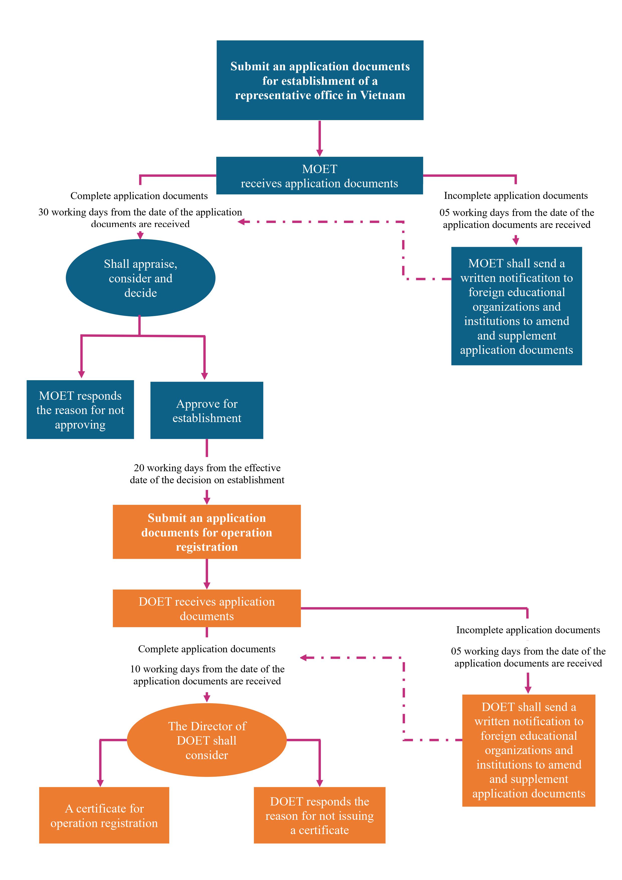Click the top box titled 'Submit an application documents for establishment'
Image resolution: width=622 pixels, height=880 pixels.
tap(320, 80)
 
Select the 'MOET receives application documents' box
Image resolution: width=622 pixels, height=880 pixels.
tap(320, 176)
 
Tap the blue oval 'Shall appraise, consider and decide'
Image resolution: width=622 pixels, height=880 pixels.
tap(141, 278)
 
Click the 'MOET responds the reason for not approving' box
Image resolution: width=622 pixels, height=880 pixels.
tap(80, 409)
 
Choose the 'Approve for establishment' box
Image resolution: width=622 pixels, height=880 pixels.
tap(207, 410)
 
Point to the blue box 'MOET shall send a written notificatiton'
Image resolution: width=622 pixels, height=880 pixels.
tap(517, 306)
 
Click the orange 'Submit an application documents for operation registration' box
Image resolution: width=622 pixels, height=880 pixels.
tap(207, 532)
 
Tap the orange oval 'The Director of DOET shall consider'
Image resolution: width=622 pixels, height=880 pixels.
tap(207, 740)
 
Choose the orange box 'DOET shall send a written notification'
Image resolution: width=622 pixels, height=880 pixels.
tap(529, 750)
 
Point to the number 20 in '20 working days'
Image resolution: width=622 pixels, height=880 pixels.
tap(139, 468)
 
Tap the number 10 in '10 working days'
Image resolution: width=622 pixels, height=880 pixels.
tap(135, 669)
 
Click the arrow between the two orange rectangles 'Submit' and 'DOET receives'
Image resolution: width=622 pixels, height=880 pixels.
tap(207, 574)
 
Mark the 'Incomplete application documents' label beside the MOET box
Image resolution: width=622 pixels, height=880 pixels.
tap(516, 195)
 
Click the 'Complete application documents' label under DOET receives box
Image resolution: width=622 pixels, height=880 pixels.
tap(207, 649)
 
